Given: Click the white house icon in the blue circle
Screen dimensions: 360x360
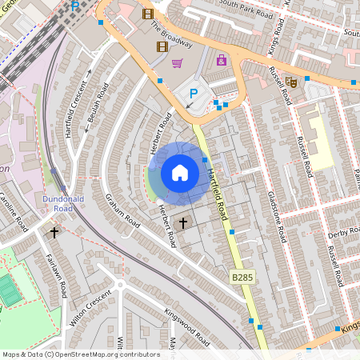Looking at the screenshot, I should (x=180, y=173).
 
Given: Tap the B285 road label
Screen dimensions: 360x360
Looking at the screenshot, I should (x=242, y=277).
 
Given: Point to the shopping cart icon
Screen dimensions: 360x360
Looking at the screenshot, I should (x=177, y=63).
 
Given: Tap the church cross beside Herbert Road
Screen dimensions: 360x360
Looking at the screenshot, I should (x=183, y=222).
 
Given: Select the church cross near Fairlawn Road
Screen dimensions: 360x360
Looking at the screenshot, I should (x=54, y=233).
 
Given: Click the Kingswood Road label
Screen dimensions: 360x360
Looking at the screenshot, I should (x=186, y=327).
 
